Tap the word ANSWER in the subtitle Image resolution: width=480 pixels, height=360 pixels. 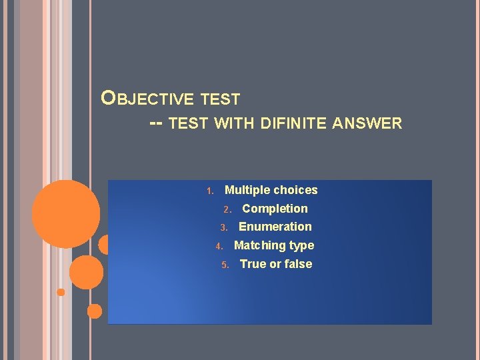pyautogui.click(x=369, y=123)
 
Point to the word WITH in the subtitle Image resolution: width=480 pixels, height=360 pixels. pyautogui.click(x=234, y=123)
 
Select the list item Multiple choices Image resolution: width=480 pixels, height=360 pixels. pyautogui.click(x=271, y=190)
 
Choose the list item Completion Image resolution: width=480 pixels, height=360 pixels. pyautogui.click(x=275, y=209)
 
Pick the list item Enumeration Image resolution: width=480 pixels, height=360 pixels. pyautogui.click(x=275, y=227)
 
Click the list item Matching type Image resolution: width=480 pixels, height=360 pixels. pyautogui.click(x=273, y=245)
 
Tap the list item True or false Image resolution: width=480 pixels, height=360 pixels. pyautogui.click(x=275, y=264)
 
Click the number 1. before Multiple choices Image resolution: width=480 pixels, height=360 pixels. pyautogui.click(x=209, y=191)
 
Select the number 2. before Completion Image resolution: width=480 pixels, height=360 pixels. pyautogui.click(x=227, y=210)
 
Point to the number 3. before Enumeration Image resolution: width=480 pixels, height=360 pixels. pyautogui.click(x=225, y=228)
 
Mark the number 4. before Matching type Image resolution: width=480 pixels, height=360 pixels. pyautogui.click(x=219, y=247)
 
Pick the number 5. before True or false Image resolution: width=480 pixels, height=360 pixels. pyautogui.click(x=225, y=265)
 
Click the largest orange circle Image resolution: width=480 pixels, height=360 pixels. pyautogui.click(x=66, y=213)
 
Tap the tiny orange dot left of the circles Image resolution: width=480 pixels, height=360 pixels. pyautogui.click(x=61, y=292)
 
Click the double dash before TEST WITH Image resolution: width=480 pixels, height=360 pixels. pyautogui.click(x=157, y=123)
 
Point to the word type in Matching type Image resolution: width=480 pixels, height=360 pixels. pyautogui.click(x=301, y=246)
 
